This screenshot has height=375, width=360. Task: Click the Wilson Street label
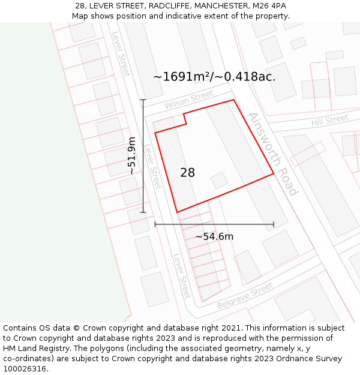coord(189,100)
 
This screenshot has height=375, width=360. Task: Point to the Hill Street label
coord(329,121)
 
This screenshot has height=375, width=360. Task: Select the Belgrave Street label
coord(245,296)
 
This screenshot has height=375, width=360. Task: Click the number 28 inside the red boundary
coord(187,173)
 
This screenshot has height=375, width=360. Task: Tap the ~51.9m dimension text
coord(131,155)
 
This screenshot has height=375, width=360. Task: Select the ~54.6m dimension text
coord(214,236)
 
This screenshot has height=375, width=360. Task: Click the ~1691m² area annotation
coord(214,77)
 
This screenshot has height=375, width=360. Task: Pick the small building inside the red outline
coord(219,180)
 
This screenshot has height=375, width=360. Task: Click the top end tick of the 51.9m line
coord(143,100)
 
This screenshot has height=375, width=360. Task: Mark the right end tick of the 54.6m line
coord(274,224)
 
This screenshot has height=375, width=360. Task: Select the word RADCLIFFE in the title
coord(153,5)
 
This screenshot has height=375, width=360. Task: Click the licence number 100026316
coord(25,369)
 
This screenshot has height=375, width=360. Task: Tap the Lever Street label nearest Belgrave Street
coord(182,275)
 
